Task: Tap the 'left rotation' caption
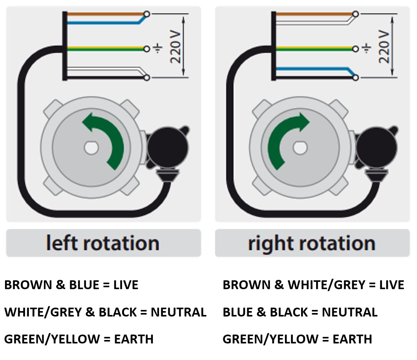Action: tap(103, 243)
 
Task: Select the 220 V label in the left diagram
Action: tap(175, 47)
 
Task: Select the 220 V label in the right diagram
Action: tap(384, 46)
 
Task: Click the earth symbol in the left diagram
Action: tap(157, 48)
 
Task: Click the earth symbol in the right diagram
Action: tap(366, 48)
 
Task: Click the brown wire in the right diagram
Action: tap(314, 14)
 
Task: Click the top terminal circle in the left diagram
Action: tap(147, 14)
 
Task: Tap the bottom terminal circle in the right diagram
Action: tap(355, 78)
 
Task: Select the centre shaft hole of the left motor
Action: tap(91, 148)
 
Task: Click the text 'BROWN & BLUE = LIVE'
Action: tap(71, 285)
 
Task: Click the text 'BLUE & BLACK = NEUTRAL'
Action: tap(300, 312)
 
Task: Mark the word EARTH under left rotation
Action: tap(134, 339)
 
